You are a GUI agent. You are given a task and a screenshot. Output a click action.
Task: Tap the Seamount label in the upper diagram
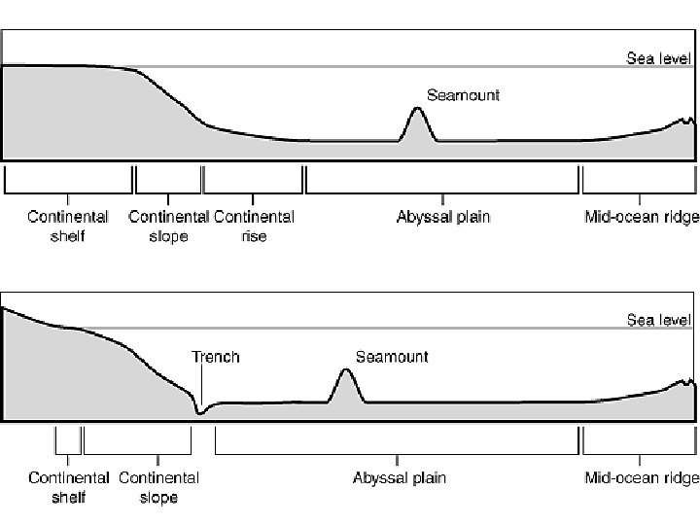pyautogui.click(x=464, y=95)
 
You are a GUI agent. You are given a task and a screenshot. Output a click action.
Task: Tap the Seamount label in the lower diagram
pyautogui.click(x=392, y=357)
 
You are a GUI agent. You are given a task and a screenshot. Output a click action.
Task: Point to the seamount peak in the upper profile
pyautogui.click(x=418, y=109)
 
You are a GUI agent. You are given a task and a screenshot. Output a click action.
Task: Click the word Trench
pyautogui.click(x=216, y=357)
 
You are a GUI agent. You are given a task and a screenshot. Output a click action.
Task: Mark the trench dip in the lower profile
pyautogui.click(x=200, y=412)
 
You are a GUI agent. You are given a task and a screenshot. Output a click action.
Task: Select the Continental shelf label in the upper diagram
pyautogui.click(x=67, y=226)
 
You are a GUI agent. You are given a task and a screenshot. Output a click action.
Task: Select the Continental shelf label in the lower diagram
pyautogui.click(x=68, y=487)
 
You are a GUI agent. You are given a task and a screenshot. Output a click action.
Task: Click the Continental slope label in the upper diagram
pyautogui.click(x=168, y=226)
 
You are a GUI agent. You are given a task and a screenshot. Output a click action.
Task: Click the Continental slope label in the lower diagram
pyautogui.click(x=158, y=487)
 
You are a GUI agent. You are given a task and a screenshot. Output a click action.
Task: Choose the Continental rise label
pyautogui.click(x=253, y=226)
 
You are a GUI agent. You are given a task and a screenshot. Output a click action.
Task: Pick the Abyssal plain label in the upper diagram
pyautogui.click(x=443, y=217)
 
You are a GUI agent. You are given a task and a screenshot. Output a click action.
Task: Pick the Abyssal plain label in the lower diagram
pyautogui.click(x=399, y=478)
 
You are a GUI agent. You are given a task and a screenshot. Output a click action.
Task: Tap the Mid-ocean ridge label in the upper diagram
pyautogui.click(x=641, y=217)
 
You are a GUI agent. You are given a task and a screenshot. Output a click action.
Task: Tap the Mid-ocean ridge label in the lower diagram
pyautogui.click(x=641, y=478)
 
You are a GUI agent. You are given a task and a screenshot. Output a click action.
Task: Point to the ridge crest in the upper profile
pyautogui.click(x=686, y=120)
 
